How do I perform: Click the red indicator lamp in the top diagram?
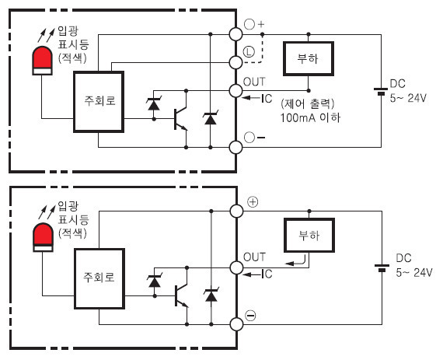point(42,61)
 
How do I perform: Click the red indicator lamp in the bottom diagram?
point(43,237)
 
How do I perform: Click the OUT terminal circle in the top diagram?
point(235,91)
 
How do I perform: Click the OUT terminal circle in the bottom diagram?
point(236,268)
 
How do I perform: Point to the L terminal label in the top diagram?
point(249,52)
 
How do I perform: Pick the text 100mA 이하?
point(310,117)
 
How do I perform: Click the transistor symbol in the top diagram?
point(181,119)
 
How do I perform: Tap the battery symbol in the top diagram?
point(381,92)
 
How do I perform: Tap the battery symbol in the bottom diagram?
point(382,268)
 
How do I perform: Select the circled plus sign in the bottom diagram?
point(253,201)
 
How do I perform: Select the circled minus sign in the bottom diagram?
point(250,315)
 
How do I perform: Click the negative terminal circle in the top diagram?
point(235,147)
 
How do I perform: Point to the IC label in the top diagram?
point(267,99)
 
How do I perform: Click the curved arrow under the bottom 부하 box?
point(296,261)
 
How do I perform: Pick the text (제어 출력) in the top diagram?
point(308,103)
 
